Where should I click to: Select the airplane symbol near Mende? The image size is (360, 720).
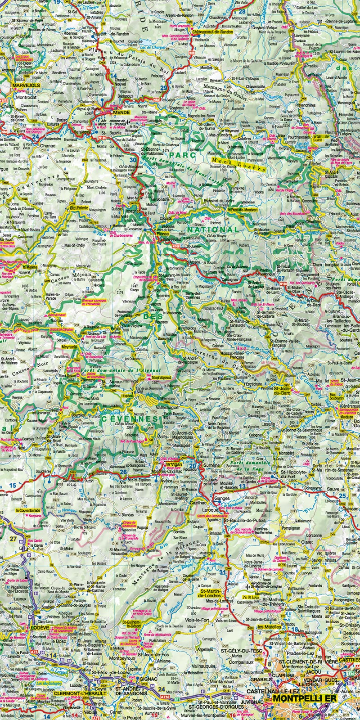(x=129, y=121)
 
